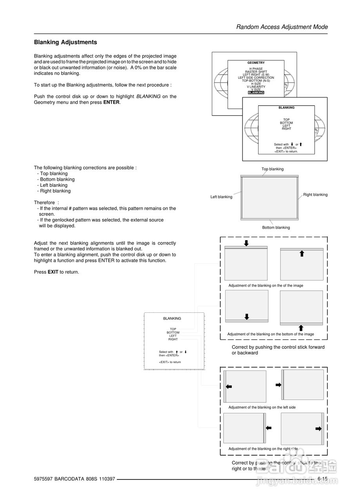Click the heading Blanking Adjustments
pos(65,42)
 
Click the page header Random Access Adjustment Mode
pos(282,27)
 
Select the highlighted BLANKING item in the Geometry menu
pos(256,93)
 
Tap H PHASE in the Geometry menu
pos(256,69)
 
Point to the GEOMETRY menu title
pos(256,63)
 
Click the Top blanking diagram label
pos(273,169)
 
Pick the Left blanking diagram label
pos(221,197)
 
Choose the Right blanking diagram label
pos(315,195)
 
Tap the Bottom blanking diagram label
pos(276,227)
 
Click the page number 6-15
pos(322,479)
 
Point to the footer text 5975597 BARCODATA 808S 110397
pos(74,479)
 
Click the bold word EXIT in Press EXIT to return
pos(53,272)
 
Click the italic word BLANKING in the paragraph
pos(148,97)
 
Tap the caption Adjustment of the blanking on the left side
pos(262,407)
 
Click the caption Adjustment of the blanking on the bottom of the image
pos(270,334)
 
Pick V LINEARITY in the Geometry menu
pos(256,87)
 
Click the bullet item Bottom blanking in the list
pos(57,179)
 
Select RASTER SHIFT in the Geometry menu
pos(256,72)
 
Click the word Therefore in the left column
pos(44,203)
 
